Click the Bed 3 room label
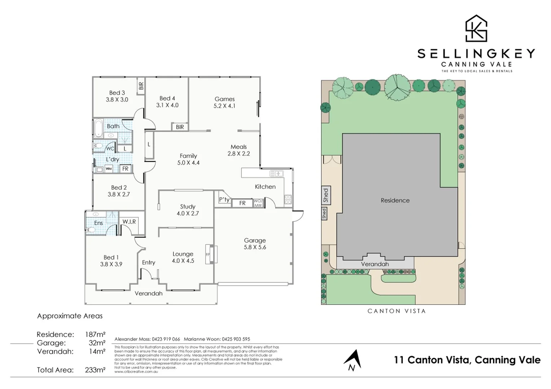117,93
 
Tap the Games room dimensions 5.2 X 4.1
224,106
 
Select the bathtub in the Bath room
98,128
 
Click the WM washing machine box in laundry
109,169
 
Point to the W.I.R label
129,222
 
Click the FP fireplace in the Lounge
208,254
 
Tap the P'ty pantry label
224,200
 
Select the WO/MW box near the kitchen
258,203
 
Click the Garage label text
255,240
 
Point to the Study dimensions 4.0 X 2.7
188,213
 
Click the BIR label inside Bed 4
180,127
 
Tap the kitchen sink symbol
276,174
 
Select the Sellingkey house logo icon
476,28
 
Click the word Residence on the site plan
395,200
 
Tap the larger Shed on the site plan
326,195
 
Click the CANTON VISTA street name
396,311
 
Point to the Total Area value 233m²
95,370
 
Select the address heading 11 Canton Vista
467,360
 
